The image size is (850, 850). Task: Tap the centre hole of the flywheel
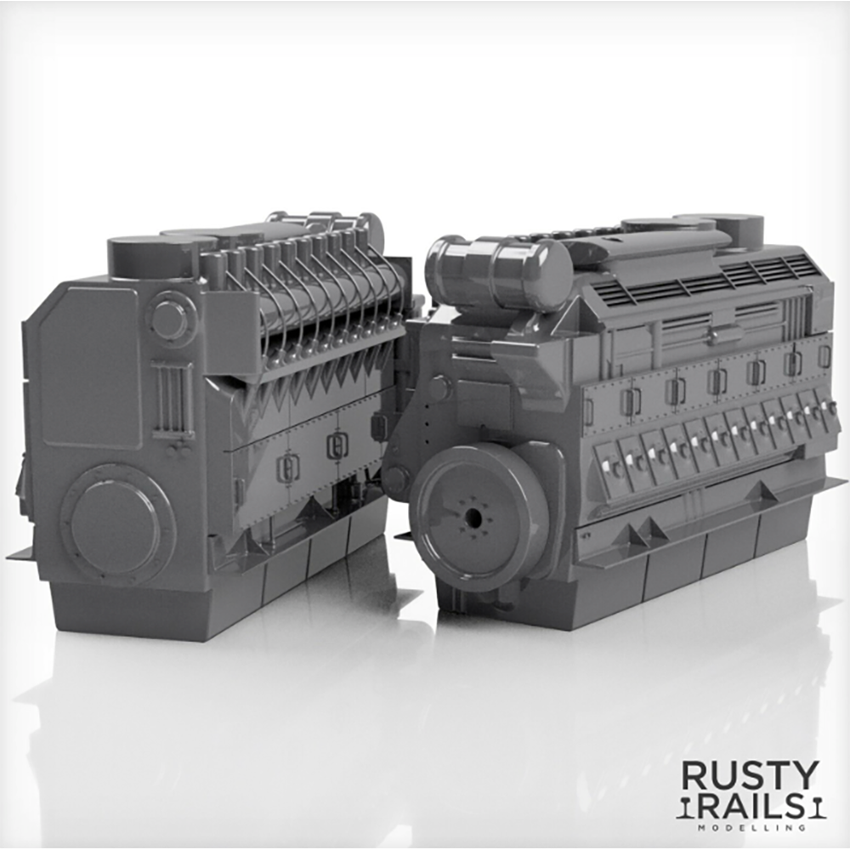pyautogui.click(x=473, y=518)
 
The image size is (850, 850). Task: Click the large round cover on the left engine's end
pyautogui.click(x=116, y=524)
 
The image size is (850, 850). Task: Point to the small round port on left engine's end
pyautogui.click(x=170, y=320)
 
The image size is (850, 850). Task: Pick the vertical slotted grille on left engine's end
pyautogui.click(x=173, y=399)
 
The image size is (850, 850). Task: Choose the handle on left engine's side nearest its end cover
pyautogui.click(x=288, y=466)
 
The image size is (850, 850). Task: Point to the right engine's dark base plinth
pyautogui.click(x=646, y=578)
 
